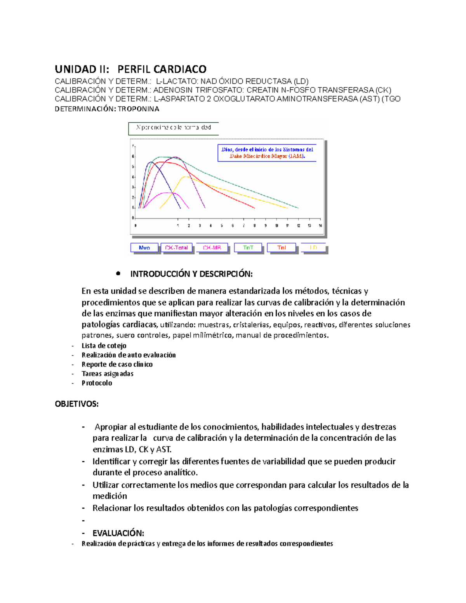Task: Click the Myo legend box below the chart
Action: point(144,247)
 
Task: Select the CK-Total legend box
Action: point(176,247)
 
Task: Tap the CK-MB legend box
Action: point(212,247)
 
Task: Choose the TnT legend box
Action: point(248,247)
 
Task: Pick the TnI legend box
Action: point(282,247)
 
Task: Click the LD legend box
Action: point(313,247)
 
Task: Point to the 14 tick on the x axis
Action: point(320,226)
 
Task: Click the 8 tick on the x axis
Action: point(255,226)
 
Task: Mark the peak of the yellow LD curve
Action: point(186,177)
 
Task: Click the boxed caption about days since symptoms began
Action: point(267,153)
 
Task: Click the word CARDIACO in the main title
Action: point(181,69)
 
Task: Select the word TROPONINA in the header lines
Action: point(138,109)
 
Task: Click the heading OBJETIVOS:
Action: point(77,404)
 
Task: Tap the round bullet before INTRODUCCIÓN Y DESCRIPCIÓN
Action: point(118,274)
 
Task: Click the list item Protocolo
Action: point(97,383)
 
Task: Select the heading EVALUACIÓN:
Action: point(118,533)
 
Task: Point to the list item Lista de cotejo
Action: point(104,346)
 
